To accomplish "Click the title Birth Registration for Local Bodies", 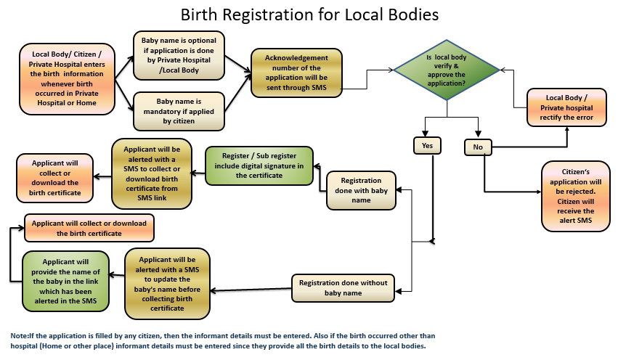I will click(x=309, y=15).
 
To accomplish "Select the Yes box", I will click(x=427, y=145).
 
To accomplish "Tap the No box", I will click(x=478, y=147).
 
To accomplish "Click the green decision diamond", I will click(x=447, y=71).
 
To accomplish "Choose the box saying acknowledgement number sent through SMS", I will click(x=296, y=72).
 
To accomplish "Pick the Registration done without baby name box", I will click(x=343, y=287).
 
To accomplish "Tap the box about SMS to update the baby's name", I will click(x=168, y=284).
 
